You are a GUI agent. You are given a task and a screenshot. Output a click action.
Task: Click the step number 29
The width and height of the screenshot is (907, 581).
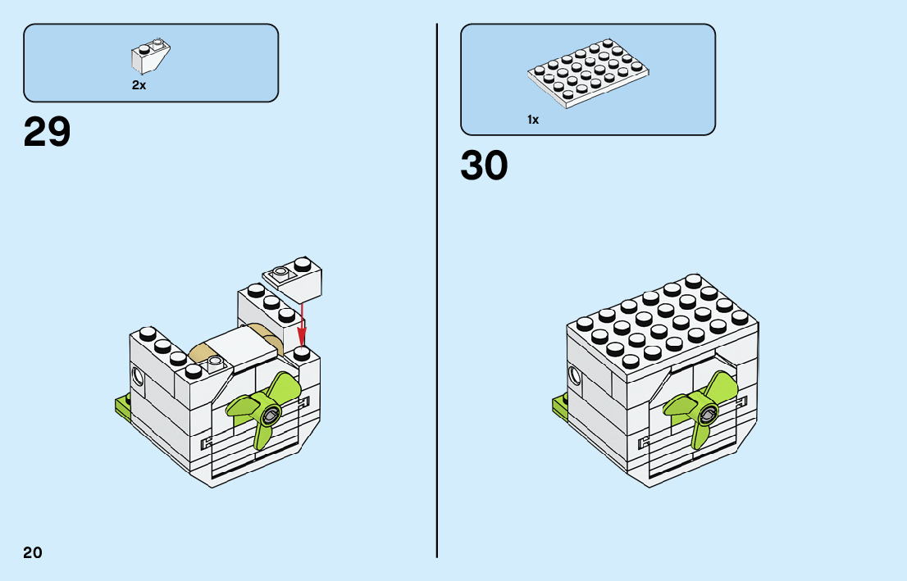coord(48,132)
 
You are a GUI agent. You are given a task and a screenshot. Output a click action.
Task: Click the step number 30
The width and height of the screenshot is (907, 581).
coord(484,166)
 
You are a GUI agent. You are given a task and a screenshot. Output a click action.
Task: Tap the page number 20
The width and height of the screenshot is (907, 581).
coord(33,551)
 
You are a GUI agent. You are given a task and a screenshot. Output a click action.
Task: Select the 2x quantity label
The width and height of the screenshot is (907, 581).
coord(139,85)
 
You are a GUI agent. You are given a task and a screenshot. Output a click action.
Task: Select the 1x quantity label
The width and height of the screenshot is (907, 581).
coord(533,120)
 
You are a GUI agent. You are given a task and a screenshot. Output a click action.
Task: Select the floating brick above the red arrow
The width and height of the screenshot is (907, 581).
coord(292,279)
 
